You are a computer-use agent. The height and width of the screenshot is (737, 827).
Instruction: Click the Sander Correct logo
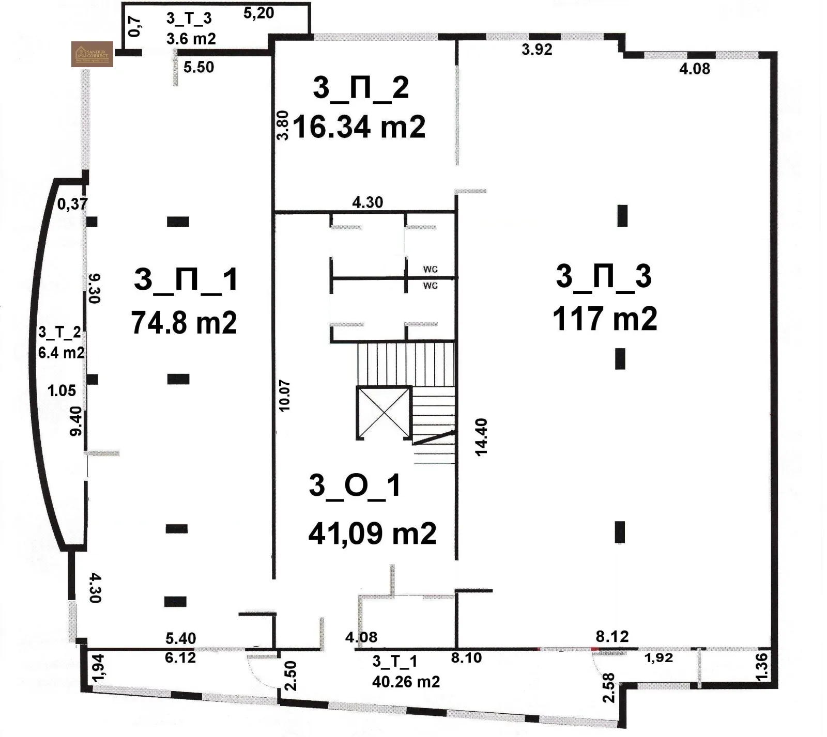pos(92,54)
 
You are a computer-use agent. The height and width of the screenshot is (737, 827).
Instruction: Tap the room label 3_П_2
pos(361,87)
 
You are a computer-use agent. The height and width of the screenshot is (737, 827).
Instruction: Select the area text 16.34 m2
pos(359,127)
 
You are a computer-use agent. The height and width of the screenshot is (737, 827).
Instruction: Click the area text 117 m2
pos(605,318)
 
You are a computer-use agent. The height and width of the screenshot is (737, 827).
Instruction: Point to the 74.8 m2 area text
pos(184,323)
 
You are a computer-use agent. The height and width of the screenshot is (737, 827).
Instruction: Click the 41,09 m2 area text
pos(372,533)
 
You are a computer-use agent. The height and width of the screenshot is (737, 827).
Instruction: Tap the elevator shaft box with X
pos(383,412)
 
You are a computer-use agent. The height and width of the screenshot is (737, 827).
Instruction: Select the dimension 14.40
pos(481,437)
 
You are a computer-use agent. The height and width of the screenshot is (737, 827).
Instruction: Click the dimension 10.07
pos(284,396)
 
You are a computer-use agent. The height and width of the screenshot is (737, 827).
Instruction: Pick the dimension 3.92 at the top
pos(537,50)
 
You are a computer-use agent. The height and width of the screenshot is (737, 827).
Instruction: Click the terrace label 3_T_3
pos(189,19)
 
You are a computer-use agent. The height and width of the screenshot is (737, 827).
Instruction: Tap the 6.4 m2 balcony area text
pos(61,353)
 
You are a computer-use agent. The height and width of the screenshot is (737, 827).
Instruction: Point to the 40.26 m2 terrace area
pos(406,682)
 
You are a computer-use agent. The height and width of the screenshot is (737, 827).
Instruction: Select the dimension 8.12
pos(612,636)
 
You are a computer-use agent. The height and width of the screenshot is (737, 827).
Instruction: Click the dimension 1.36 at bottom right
pos(762,667)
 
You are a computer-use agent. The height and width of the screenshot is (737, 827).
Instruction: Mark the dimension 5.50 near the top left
pos(198,67)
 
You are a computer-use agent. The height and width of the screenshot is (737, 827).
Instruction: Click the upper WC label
pos(430,269)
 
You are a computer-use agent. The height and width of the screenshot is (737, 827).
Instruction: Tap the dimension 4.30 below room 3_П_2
pos(367,202)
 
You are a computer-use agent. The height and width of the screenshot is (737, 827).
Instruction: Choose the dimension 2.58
pos(609,687)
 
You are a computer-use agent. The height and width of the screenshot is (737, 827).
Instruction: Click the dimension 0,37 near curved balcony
pos(72,204)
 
